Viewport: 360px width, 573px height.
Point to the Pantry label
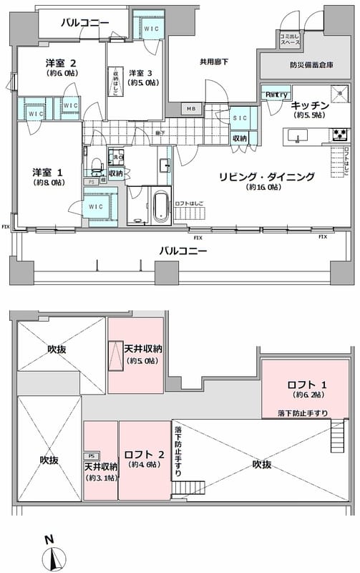[276, 95]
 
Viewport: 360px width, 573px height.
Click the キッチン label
[309, 106]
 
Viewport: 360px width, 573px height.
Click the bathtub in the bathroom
[162, 207]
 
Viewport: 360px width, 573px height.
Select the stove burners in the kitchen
[339, 134]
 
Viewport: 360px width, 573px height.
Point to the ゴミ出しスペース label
[290, 41]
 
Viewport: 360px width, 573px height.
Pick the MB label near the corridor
[191, 109]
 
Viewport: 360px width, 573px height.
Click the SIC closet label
[240, 119]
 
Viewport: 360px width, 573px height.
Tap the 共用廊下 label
[214, 62]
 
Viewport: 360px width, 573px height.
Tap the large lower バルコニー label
[183, 251]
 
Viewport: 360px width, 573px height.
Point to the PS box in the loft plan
[91, 456]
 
